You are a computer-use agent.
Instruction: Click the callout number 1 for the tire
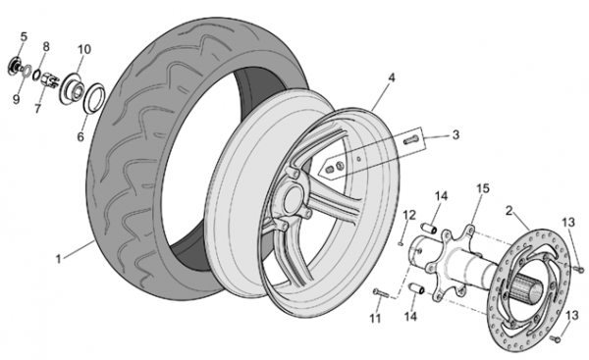pyautogui.click(x=58, y=259)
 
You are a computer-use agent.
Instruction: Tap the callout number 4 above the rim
pyautogui.click(x=392, y=78)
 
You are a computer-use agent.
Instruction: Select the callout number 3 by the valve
pyautogui.click(x=455, y=134)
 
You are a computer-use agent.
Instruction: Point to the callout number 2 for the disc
pyautogui.click(x=509, y=211)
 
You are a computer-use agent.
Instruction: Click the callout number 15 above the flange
pyautogui.click(x=483, y=188)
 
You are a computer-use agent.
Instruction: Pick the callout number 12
pyautogui.click(x=409, y=216)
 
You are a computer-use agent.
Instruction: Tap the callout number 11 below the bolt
pyautogui.click(x=375, y=319)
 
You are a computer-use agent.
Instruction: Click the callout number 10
pyautogui.click(x=84, y=49)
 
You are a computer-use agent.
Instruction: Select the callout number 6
pyautogui.click(x=80, y=137)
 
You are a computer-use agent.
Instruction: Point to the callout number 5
pyautogui.click(x=24, y=37)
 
